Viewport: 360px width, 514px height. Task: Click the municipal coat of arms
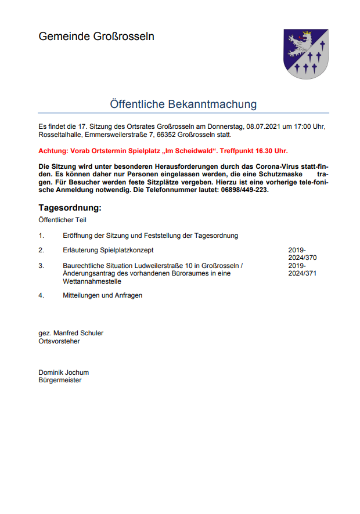305,55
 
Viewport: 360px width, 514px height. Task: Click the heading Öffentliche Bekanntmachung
183,104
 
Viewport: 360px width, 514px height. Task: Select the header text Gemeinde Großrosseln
96,37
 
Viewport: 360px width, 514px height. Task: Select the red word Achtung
53,151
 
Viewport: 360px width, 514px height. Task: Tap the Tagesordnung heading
70,208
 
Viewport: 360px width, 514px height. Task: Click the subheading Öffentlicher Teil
62,220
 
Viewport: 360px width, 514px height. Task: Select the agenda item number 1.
41,236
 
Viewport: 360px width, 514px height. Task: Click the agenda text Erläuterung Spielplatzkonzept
108,250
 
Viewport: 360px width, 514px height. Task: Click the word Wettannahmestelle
92,281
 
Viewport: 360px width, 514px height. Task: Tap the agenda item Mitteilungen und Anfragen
102,295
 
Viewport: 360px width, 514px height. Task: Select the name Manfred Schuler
78,333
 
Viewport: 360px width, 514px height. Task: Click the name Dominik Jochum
64,372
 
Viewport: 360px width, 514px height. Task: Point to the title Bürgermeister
60,381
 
